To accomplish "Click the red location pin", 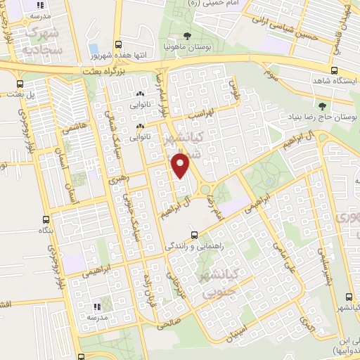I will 181,167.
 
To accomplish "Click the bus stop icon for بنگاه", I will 46,219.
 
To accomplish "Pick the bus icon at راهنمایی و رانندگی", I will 194,236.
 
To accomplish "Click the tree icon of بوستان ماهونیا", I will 186,36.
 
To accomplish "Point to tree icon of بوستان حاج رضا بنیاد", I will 323,106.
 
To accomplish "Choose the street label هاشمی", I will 73,130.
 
